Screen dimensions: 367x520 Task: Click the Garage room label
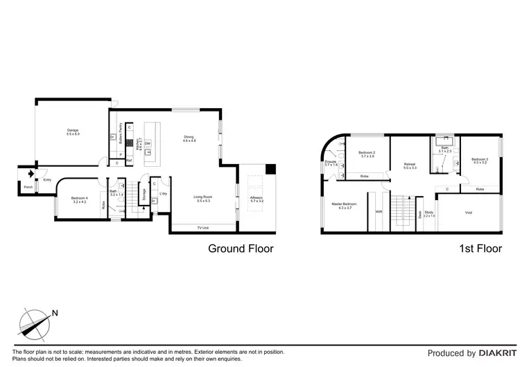pyautogui.click(x=73, y=132)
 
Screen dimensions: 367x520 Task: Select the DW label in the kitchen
pyautogui.click(x=148, y=143)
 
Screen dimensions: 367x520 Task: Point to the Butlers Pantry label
pyautogui.click(x=121, y=132)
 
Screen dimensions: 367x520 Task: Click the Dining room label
pyautogui.click(x=189, y=138)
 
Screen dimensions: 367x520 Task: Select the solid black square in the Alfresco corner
pyautogui.click(x=270, y=169)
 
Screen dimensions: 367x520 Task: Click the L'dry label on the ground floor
pyautogui.click(x=163, y=193)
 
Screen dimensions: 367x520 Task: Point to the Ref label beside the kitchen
pyautogui.click(x=129, y=161)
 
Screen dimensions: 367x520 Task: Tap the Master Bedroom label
pyautogui.click(x=344, y=206)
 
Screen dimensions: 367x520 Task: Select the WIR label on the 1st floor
pyautogui.click(x=379, y=212)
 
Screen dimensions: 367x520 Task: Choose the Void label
pyautogui.click(x=469, y=213)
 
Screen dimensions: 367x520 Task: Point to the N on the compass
pyautogui.click(x=55, y=314)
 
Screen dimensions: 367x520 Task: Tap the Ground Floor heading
pyautogui.click(x=241, y=249)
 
